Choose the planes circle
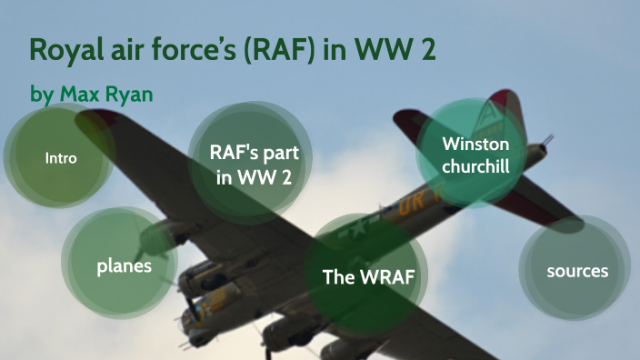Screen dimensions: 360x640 point(124,266)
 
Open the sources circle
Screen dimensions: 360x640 point(576,271)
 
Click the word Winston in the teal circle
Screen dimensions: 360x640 point(470,144)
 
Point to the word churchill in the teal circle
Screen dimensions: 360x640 point(470,166)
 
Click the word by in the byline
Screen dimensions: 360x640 point(42,95)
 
